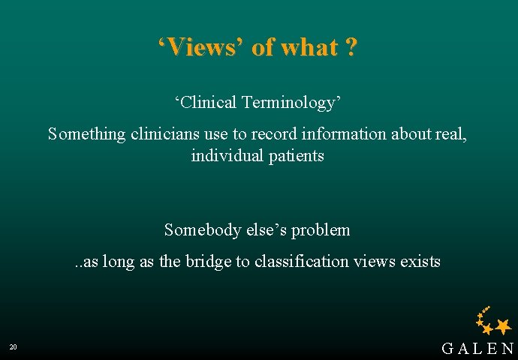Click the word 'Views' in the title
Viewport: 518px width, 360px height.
click(202, 47)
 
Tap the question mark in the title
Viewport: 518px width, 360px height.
click(351, 47)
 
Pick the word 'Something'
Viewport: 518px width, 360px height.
click(83, 134)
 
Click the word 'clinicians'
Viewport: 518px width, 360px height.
click(158, 134)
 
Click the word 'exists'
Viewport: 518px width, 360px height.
click(420, 262)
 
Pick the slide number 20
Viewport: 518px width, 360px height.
click(14, 347)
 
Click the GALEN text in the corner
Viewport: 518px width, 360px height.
click(477, 349)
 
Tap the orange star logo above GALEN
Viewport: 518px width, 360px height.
click(494, 322)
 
